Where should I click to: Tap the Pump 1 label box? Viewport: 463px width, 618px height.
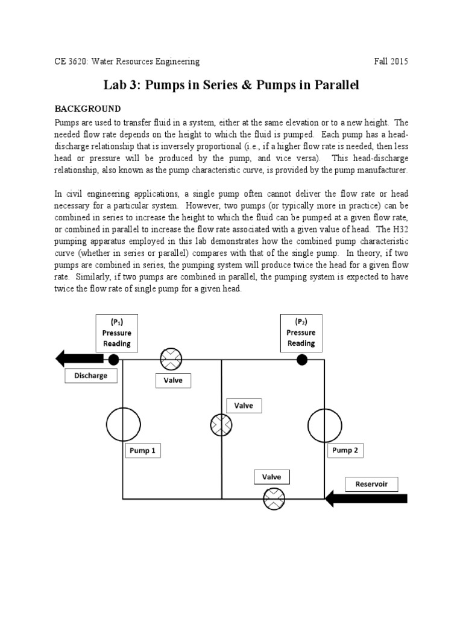(x=143, y=451)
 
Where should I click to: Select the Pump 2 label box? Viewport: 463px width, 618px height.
(x=345, y=450)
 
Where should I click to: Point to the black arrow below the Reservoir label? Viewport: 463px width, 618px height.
(x=366, y=499)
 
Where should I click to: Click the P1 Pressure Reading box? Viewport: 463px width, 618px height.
(x=117, y=333)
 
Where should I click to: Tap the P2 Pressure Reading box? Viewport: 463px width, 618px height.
(x=301, y=333)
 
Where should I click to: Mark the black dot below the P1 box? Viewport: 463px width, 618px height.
(x=113, y=360)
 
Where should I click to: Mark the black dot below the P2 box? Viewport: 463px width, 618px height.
(x=302, y=360)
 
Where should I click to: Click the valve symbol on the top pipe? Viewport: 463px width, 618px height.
(x=171, y=360)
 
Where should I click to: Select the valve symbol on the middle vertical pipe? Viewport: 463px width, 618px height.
(x=221, y=425)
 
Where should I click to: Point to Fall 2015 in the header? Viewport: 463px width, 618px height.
(x=391, y=62)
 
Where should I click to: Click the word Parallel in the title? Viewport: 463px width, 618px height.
(x=333, y=85)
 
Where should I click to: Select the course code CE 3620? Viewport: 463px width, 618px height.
(x=72, y=62)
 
